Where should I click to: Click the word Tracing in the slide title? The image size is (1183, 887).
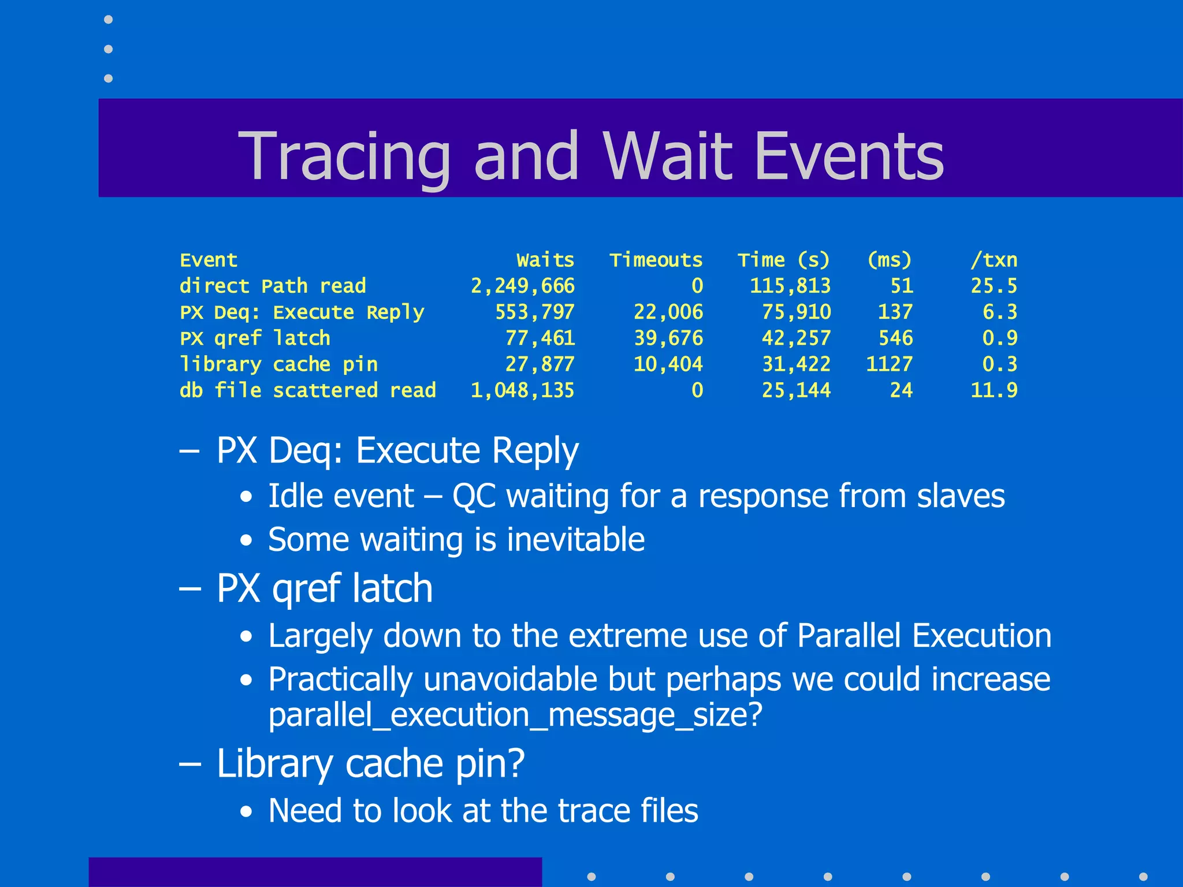click(344, 156)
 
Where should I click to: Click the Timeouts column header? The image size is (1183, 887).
click(656, 260)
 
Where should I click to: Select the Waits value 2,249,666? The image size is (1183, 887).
click(522, 286)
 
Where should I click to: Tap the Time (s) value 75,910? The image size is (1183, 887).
click(796, 312)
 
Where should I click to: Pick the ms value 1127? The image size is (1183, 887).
click(889, 364)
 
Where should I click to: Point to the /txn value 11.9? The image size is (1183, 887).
click(994, 390)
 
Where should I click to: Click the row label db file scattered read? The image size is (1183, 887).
click(307, 390)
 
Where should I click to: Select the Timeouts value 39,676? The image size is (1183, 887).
click(668, 338)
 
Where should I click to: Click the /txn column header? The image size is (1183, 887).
click(994, 260)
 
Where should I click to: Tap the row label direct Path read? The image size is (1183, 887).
click(273, 286)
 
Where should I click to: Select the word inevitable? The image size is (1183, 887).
click(575, 539)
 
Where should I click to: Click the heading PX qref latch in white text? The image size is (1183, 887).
click(324, 588)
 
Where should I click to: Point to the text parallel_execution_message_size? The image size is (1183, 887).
click(515, 715)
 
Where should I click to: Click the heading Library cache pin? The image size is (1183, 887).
click(370, 763)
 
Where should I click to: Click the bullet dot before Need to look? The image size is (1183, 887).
click(247, 812)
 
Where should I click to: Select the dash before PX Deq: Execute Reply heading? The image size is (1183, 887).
click(189, 450)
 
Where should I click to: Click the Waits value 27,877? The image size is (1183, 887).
click(540, 364)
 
